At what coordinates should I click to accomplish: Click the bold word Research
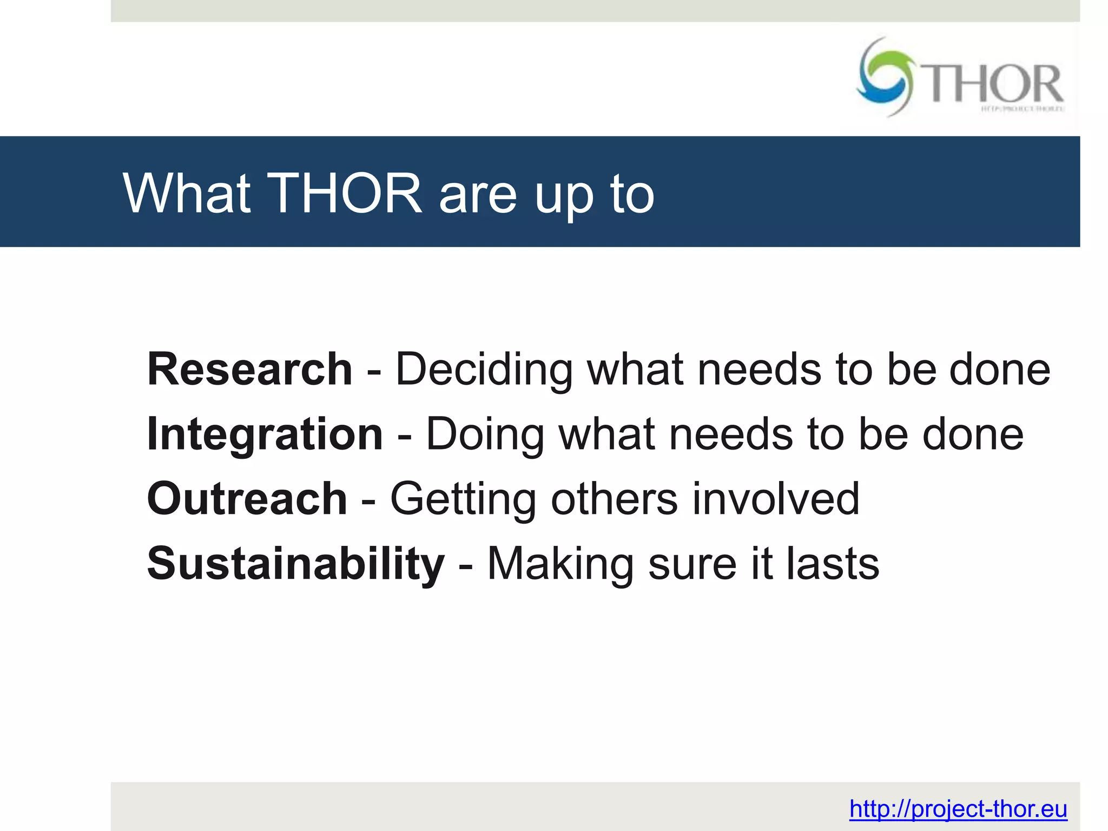click(249, 370)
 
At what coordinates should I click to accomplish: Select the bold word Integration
click(265, 434)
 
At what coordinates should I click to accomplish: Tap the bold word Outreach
click(247, 499)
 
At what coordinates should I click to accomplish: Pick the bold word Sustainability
click(295, 564)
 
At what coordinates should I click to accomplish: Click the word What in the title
click(187, 193)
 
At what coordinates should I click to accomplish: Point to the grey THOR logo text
click(994, 84)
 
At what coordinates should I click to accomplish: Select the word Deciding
click(484, 370)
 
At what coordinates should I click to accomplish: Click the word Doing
click(485, 436)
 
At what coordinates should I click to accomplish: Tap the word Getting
click(463, 500)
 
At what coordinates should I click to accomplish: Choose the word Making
click(560, 564)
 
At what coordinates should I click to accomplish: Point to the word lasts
click(833, 564)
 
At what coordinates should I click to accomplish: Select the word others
click(614, 499)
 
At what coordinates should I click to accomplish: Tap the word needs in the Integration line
click(731, 434)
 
